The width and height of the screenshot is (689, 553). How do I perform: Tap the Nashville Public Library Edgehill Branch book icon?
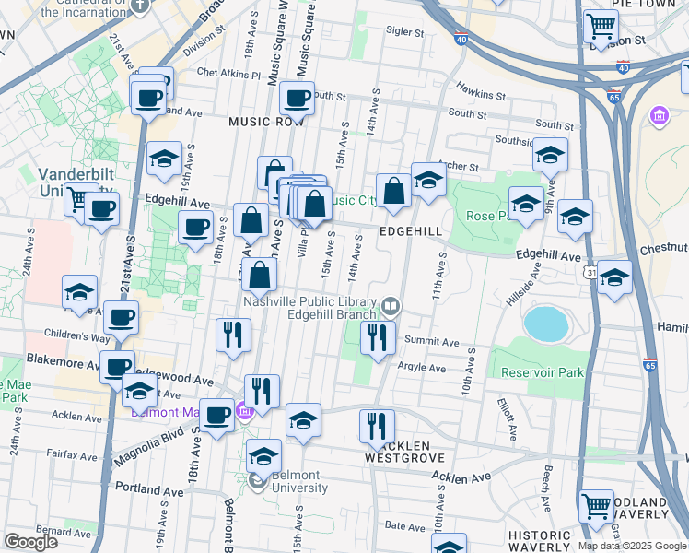tap(391, 305)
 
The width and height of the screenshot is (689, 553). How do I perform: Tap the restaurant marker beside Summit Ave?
tap(377, 336)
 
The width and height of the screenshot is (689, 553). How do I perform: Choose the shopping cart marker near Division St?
tap(601, 27)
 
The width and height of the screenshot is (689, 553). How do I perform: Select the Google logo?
tap(30, 542)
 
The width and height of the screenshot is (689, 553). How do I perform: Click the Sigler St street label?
tap(404, 31)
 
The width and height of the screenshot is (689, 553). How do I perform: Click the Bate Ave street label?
tap(403, 524)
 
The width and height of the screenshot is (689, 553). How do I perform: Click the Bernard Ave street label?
tap(44, 531)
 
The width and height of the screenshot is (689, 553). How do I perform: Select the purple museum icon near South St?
tap(659, 116)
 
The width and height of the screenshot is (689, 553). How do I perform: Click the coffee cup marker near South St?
tap(297, 98)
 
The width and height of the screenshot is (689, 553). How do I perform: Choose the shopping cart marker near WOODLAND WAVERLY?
tap(595, 505)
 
